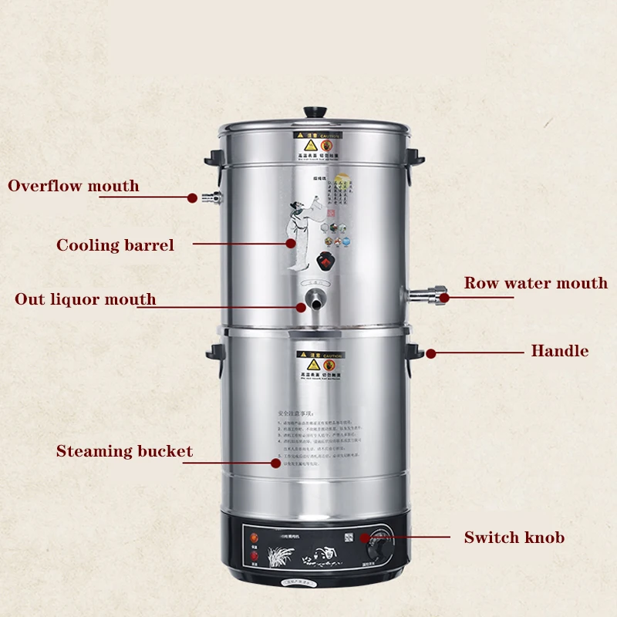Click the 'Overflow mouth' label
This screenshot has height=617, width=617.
pyautogui.click(x=73, y=186)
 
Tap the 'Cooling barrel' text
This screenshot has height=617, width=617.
pyautogui.click(x=115, y=245)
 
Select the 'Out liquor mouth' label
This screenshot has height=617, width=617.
pyautogui.click(x=85, y=299)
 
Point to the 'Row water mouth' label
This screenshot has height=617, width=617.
pyautogui.click(x=535, y=283)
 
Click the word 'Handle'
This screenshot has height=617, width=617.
pyautogui.click(x=559, y=351)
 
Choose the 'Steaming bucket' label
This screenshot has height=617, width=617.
pyautogui.click(x=124, y=451)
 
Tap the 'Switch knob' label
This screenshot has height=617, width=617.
pyautogui.click(x=514, y=538)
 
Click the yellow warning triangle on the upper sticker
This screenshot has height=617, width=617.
pyautogui.click(x=312, y=144)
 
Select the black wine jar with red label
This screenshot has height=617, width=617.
pyautogui.click(x=329, y=260)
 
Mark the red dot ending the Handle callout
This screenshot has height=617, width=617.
pyautogui.click(x=430, y=353)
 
